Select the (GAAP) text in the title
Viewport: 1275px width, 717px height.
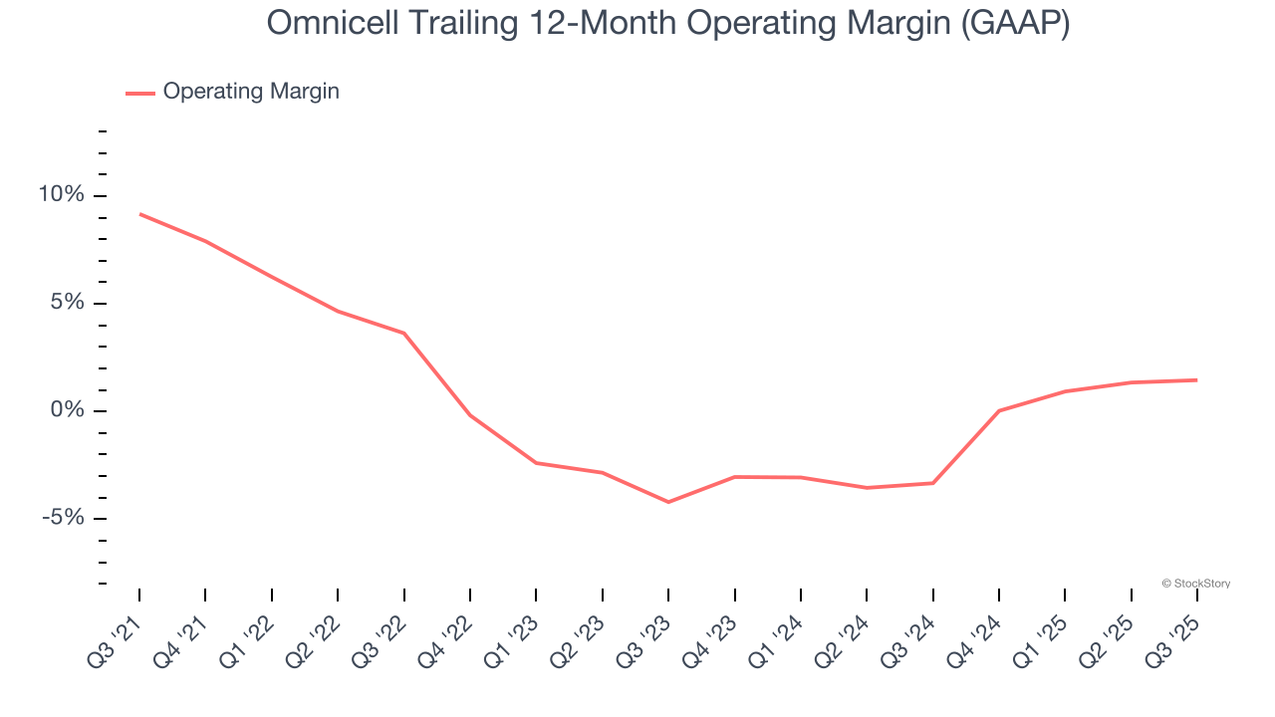(1016, 24)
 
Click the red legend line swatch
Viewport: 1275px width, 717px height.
(139, 93)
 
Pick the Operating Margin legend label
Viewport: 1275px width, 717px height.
(251, 92)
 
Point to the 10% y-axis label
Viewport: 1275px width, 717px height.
(61, 195)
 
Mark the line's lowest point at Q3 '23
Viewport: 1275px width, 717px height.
(668, 502)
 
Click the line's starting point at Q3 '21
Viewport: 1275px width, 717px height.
(139, 214)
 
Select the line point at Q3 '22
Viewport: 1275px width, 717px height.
(403, 333)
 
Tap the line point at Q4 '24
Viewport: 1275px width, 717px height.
(999, 410)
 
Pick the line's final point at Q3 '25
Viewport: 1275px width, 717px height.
(1196, 379)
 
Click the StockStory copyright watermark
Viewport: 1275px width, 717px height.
(1195, 584)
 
